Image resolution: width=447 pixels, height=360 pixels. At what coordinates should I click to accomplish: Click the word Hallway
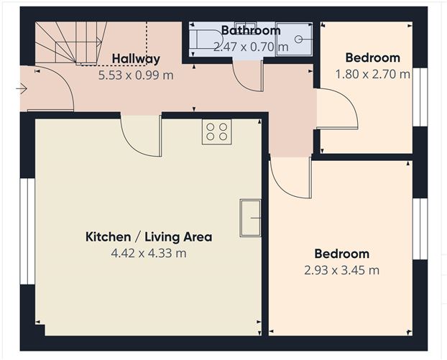(x=135, y=59)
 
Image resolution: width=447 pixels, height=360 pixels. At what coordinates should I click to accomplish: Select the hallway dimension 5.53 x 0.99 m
(x=136, y=73)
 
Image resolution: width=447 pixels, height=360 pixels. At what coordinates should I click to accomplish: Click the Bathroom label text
(x=250, y=30)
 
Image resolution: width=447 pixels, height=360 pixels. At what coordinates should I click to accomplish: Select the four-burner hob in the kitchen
(x=216, y=131)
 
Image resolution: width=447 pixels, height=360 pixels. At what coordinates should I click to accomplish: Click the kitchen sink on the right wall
(x=250, y=217)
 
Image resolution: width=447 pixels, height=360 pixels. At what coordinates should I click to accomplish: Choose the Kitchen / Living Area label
(x=149, y=236)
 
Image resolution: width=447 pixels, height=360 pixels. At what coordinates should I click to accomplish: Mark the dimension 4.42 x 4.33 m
(x=149, y=253)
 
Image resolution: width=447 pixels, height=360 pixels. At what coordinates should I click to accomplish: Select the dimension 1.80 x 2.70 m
(x=372, y=73)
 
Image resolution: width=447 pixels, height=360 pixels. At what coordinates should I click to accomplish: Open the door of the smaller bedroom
(x=336, y=110)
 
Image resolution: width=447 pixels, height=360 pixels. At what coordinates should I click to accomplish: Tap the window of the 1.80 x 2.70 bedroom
(x=418, y=97)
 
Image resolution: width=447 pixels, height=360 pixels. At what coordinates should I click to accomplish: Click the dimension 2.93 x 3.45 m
(x=342, y=270)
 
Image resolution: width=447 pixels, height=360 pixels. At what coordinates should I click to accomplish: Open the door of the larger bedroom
(x=290, y=177)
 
